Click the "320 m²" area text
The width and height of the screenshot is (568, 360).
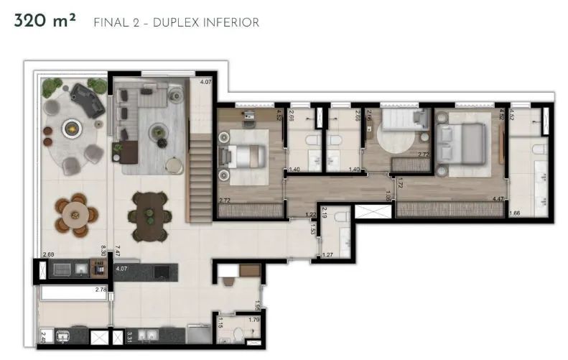point(45,22)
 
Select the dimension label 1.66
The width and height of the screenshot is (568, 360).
point(514,213)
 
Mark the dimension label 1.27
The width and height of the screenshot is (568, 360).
point(327,254)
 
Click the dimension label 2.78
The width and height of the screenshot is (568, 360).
point(101,290)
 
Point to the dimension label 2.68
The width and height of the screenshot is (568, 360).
point(48,254)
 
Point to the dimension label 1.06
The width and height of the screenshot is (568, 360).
point(387,194)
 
